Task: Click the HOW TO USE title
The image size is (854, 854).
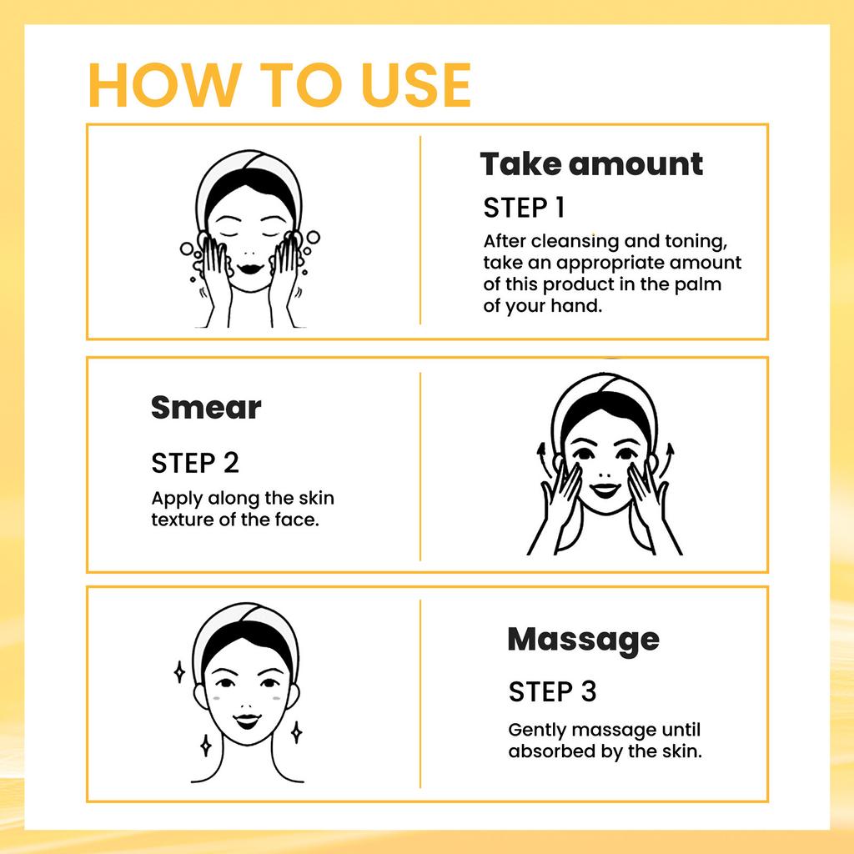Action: tap(279, 84)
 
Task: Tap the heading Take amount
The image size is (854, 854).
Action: tap(591, 164)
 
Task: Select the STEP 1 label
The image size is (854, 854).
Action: tap(525, 208)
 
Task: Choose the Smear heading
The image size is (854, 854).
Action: tap(206, 408)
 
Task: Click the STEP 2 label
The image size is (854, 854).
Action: tap(194, 462)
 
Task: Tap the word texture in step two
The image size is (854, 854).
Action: tap(180, 520)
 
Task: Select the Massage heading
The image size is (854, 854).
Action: tap(583, 640)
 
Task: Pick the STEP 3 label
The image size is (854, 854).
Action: tap(552, 691)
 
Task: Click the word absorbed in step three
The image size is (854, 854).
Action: tap(546, 751)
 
